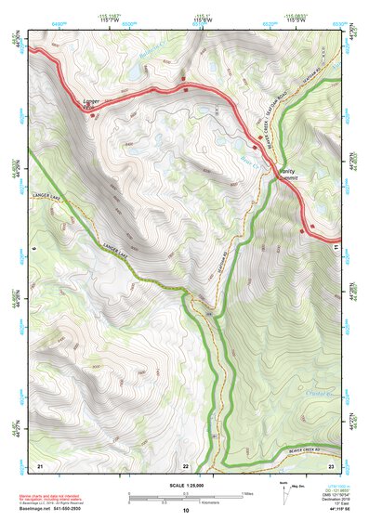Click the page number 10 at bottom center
(185, 511)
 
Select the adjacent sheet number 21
(40, 464)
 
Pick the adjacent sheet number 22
(185, 465)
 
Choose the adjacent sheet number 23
(331, 464)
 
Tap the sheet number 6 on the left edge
(33, 249)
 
